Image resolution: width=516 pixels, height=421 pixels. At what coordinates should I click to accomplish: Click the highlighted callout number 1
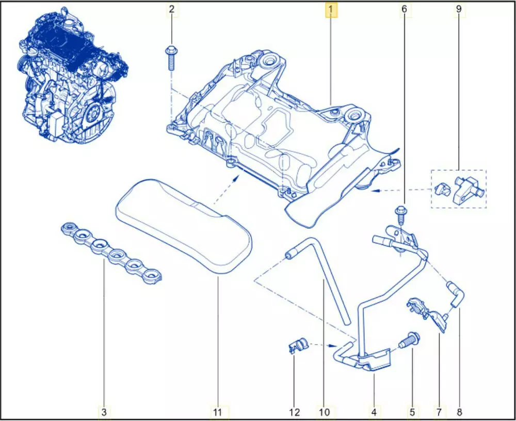[x=331, y=10]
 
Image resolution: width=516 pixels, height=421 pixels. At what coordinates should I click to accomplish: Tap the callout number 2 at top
[x=171, y=9]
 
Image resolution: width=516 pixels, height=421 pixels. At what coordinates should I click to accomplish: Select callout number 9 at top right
[x=459, y=9]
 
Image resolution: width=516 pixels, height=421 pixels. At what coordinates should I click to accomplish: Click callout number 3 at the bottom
[x=104, y=412]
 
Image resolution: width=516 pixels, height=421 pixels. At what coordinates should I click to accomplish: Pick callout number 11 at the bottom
[x=218, y=412]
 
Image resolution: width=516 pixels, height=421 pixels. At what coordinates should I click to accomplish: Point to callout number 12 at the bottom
[x=295, y=412]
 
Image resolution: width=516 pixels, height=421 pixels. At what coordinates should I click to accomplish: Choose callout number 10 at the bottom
[x=324, y=412]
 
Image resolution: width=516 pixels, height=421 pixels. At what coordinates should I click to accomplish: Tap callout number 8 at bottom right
[x=459, y=412]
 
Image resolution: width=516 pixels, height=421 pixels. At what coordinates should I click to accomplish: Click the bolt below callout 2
[x=171, y=58]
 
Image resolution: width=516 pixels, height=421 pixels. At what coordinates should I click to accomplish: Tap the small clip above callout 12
[x=297, y=345]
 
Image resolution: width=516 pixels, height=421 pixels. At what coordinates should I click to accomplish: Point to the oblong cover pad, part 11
[x=183, y=226]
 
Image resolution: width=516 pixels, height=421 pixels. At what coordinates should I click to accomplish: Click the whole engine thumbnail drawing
[x=72, y=74]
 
